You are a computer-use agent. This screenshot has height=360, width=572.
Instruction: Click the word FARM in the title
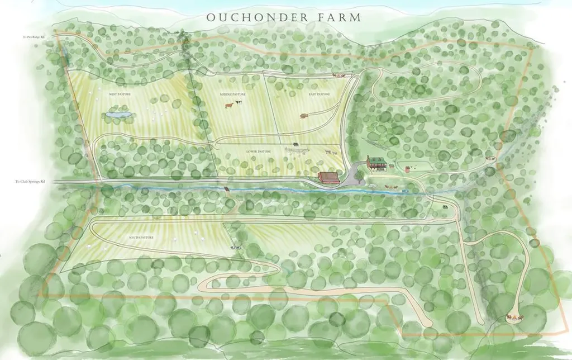tap(332, 17)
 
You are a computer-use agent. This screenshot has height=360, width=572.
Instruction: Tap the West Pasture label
tap(120, 94)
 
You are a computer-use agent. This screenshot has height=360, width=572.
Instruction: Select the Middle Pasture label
tap(233, 94)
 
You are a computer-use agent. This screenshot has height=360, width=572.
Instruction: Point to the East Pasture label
tap(320, 94)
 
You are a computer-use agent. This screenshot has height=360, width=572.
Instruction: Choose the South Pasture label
tap(141, 238)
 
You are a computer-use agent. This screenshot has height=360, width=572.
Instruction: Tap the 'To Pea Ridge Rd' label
tap(45, 37)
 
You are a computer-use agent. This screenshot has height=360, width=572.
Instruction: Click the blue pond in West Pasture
tap(118, 115)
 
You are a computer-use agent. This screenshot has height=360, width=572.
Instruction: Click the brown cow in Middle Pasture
tap(229, 104)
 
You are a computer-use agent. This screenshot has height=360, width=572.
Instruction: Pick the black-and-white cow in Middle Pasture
tap(239, 102)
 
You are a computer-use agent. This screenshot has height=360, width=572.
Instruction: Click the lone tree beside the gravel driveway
tap(359, 174)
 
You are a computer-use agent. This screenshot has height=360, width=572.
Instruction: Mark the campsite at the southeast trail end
tap(512, 317)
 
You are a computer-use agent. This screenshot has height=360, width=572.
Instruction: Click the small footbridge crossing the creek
tap(227, 189)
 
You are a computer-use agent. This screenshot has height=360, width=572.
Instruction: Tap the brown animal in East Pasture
tap(304, 116)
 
